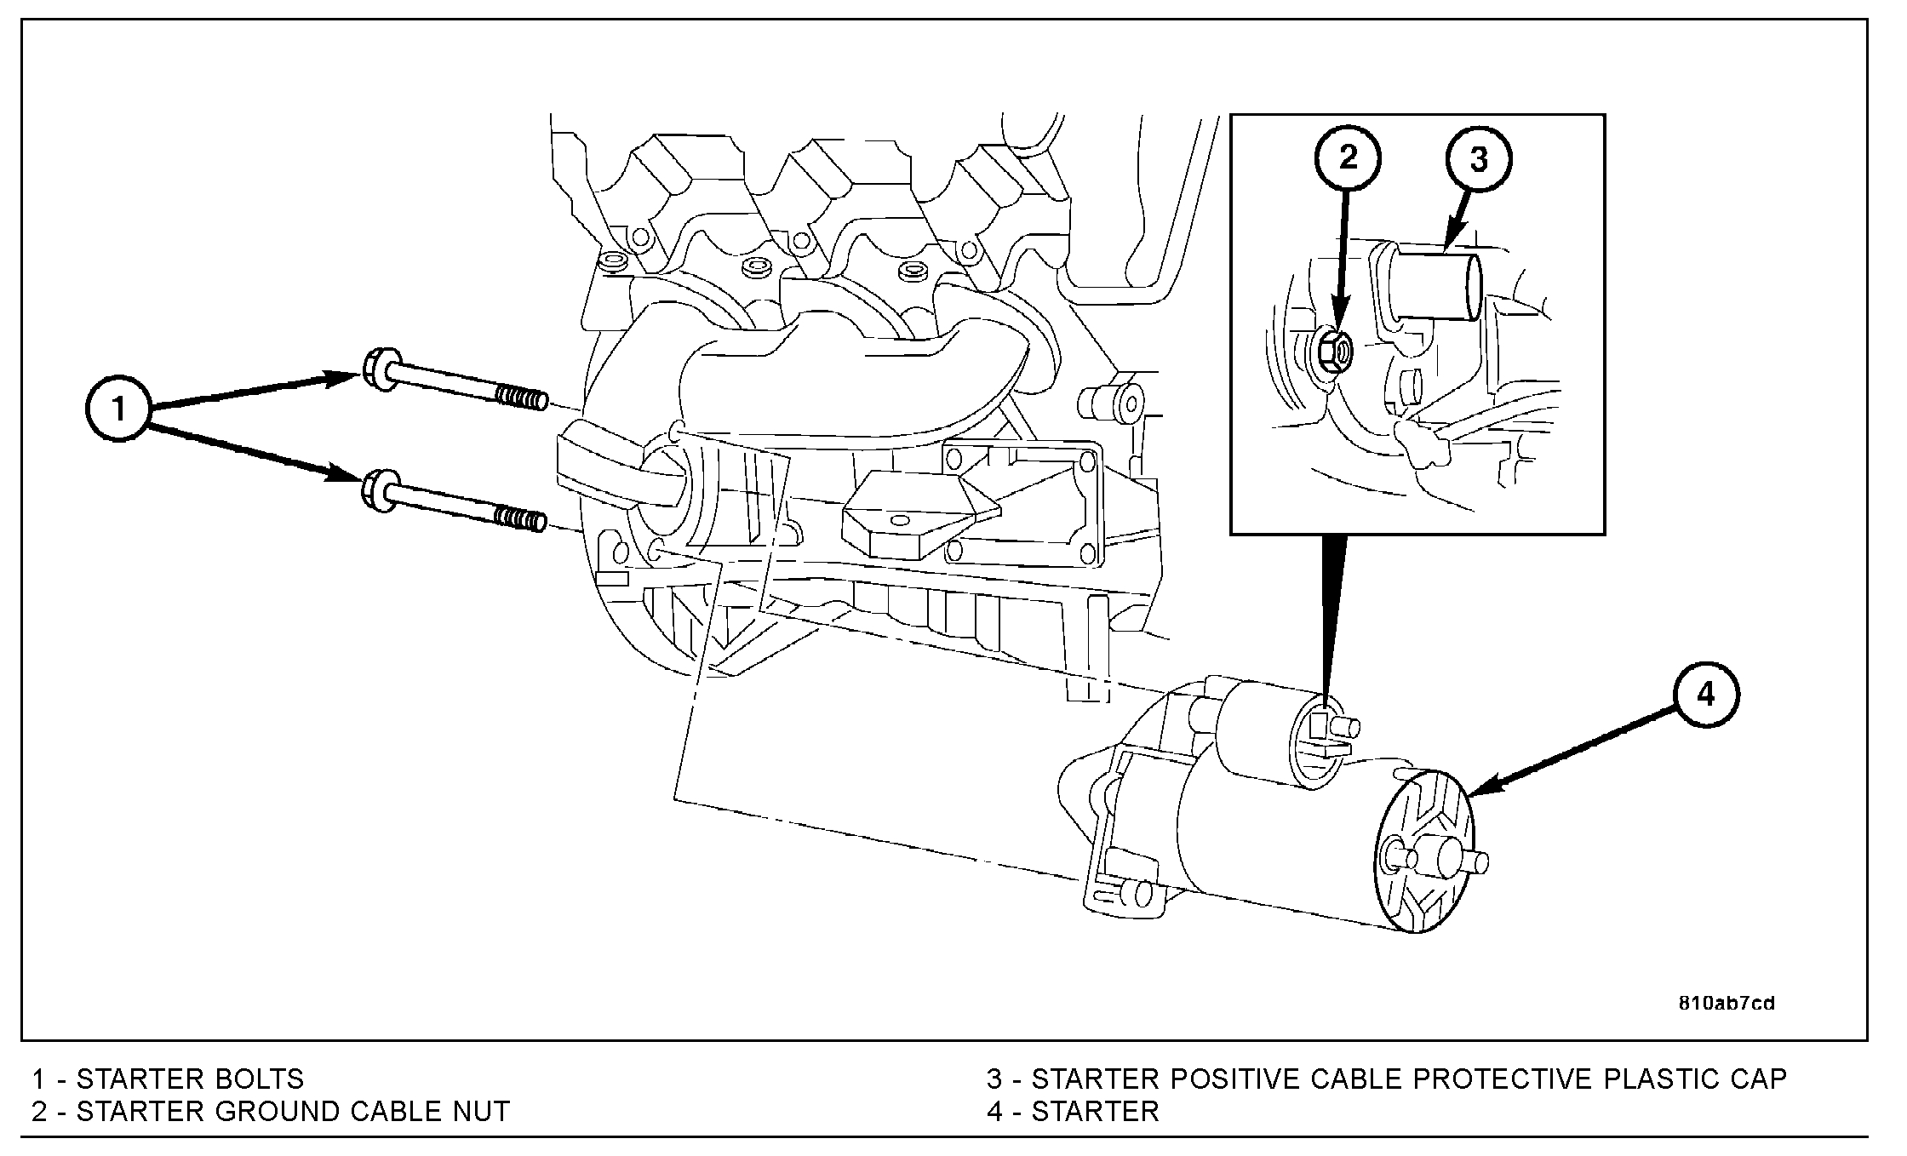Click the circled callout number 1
click(x=119, y=409)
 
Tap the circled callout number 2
click(x=1348, y=158)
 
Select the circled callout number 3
click(x=1479, y=159)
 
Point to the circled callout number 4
click(x=1706, y=695)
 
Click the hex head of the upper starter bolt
click(x=377, y=370)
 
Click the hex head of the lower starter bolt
click(x=377, y=490)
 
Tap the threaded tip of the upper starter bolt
click(x=522, y=398)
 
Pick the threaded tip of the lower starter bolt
click(x=520, y=518)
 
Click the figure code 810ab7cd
click(x=1727, y=1004)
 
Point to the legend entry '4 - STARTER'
click(x=1073, y=1112)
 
